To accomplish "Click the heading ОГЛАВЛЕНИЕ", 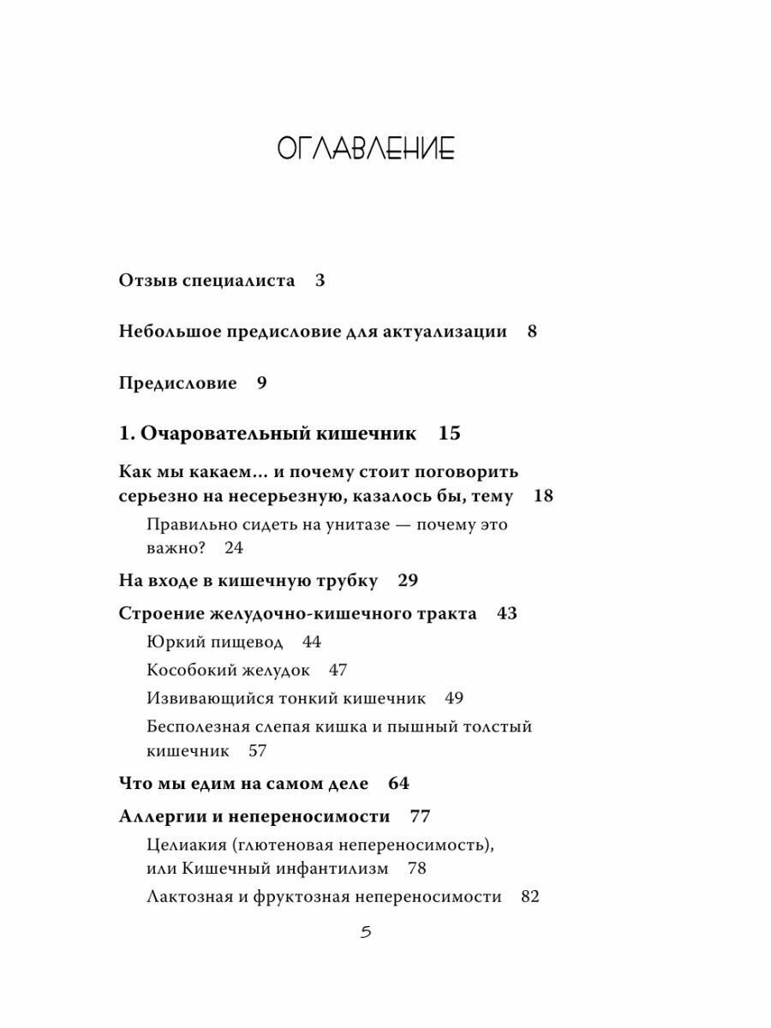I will [x=366, y=149].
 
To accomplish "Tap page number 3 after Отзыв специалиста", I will [x=320, y=280].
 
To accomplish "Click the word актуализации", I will [x=446, y=332].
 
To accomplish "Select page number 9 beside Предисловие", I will [x=262, y=383].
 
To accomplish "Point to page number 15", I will [x=450, y=433].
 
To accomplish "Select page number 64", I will [x=399, y=783].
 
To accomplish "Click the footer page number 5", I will [x=366, y=933].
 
